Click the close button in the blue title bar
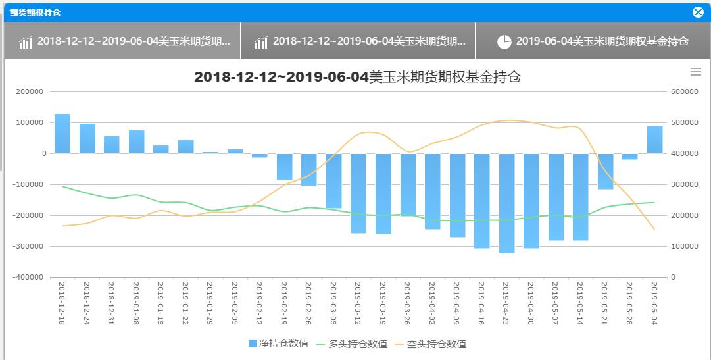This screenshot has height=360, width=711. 698,12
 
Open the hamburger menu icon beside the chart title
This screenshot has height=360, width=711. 695,72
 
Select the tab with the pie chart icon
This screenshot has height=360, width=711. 592,41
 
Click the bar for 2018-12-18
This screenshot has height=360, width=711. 62,134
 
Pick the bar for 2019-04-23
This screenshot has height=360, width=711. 506,203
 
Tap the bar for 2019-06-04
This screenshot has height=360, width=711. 654,140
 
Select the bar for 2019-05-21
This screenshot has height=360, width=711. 605,171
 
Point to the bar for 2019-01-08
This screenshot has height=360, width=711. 136,141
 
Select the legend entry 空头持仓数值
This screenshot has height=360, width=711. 430,344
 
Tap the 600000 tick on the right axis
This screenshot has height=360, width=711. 684,91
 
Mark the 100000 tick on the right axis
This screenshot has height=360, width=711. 684,246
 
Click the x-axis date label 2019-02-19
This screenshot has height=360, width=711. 284,304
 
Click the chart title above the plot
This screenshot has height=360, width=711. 357,77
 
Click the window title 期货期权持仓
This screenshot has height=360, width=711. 35,13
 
